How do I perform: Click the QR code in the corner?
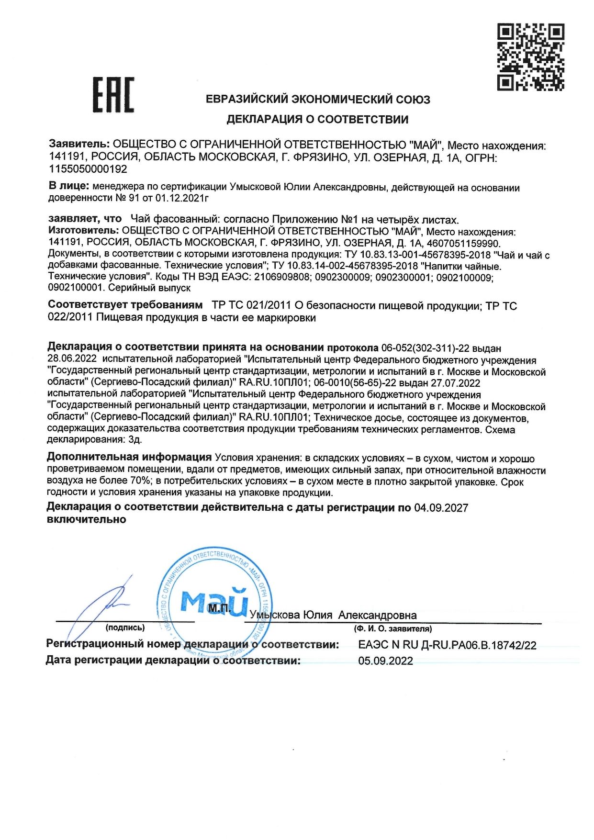[x=530, y=57]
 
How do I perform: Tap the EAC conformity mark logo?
[x=113, y=95]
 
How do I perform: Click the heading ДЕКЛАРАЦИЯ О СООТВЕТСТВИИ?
[x=317, y=120]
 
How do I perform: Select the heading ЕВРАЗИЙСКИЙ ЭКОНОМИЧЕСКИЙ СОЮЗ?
[x=317, y=100]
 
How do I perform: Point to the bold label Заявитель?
[x=79, y=144]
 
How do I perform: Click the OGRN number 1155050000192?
[x=88, y=169]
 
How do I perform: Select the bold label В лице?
[x=69, y=186]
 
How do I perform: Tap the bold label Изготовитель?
[x=83, y=231]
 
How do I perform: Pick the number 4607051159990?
[x=463, y=243]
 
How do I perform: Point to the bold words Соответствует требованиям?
[x=125, y=305]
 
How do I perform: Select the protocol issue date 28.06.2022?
[x=72, y=359]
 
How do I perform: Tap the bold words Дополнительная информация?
[x=129, y=458]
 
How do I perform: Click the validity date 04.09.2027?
[x=441, y=508]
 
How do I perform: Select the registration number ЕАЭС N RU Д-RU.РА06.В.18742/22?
[x=447, y=645]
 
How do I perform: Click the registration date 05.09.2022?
[x=385, y=661]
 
